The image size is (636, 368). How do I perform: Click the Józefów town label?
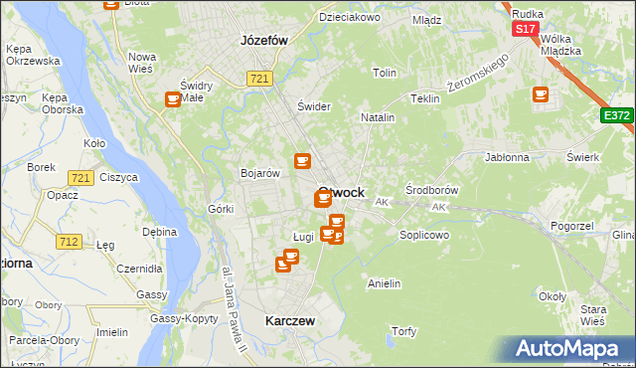click(263, 41)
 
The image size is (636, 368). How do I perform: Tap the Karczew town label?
click(290, 321)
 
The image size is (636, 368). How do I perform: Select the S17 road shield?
click(526, 30)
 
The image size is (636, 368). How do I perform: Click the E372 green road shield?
click(616, 116)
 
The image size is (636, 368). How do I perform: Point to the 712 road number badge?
click(69, 242)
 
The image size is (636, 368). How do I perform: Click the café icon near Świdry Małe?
click(173, 98)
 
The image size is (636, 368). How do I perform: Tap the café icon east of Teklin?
click(541, 94)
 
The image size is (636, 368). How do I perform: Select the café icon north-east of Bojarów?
click(302, 160)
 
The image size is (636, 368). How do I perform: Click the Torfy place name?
click(403, 331)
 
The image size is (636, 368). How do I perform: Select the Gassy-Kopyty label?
click(184, 318)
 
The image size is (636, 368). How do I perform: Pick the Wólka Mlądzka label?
click(560, 46)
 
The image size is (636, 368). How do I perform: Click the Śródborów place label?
click(431, 189)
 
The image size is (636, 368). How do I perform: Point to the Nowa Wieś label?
click(142, 63)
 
